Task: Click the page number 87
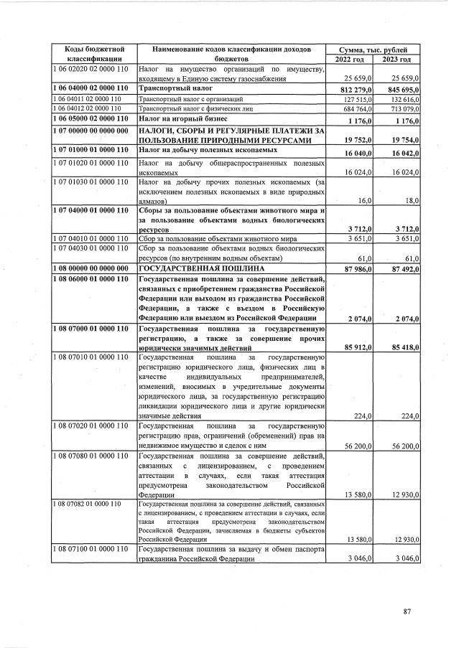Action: point(407,611)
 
